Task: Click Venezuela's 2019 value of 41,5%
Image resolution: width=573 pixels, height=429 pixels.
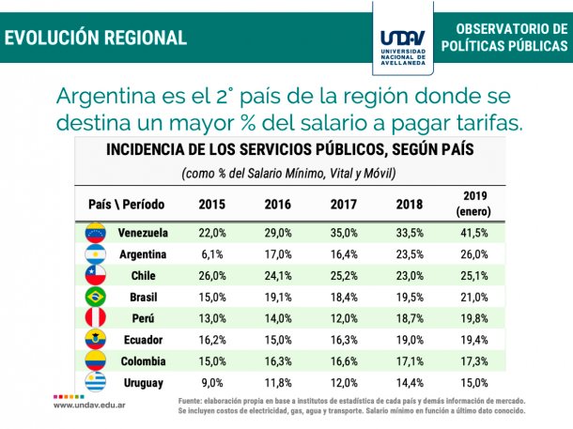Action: point(472,232)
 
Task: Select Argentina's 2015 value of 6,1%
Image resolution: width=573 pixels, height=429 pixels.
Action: point(211,253)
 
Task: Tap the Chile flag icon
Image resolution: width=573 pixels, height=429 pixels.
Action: point(96,275)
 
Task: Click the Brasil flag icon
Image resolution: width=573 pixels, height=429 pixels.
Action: point(96,297)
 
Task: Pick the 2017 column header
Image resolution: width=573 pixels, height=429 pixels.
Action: point(344,204)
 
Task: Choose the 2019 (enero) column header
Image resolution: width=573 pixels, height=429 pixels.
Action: point(472,203)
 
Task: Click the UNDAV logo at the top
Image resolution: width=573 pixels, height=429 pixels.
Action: point(403,38)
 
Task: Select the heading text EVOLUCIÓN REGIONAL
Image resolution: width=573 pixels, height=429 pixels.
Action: point(96,38)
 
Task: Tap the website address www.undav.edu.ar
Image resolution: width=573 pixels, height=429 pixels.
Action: point(91,405)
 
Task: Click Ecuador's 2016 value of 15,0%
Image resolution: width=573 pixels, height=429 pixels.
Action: point(277,339)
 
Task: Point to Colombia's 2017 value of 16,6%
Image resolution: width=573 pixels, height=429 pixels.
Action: point(344,360)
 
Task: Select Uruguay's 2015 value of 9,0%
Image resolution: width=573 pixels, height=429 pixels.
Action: point(211,382)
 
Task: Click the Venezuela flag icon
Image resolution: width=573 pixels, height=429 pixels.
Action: point(96,232)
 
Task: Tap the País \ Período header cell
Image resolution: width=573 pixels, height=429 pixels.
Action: point(126,204)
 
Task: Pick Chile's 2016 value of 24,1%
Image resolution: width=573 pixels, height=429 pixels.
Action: point(277,275)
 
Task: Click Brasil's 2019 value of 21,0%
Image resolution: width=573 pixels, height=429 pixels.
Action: point(472,297)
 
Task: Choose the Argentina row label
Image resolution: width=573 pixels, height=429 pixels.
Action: point(143,253)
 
